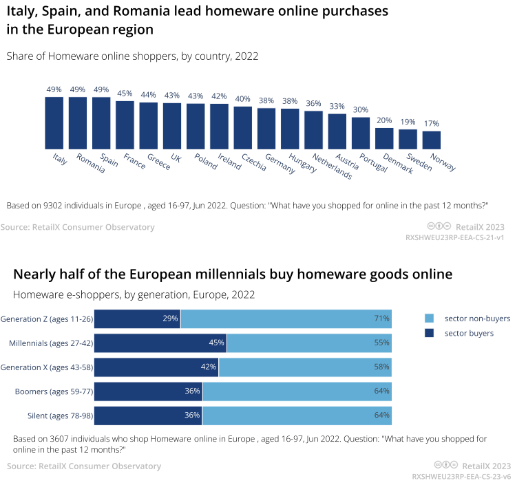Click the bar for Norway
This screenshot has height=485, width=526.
click(431, 140)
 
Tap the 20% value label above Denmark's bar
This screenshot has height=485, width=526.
click(384, 120)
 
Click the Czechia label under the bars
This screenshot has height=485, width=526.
click(253, 162)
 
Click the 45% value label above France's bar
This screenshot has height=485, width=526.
click(125, 94)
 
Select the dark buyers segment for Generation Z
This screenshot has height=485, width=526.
click(137, 319)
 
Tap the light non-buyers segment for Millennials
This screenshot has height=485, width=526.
click(309, 343)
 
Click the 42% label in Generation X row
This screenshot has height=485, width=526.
click(209, 367)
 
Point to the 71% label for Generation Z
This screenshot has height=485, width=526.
click(381, 319)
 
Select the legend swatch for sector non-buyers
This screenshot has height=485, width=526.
click(429, 319)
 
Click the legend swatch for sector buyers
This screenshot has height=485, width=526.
click(429, 333)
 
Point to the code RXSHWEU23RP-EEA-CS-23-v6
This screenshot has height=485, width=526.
click(461, 476)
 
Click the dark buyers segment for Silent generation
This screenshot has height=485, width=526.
click(148, 416)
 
